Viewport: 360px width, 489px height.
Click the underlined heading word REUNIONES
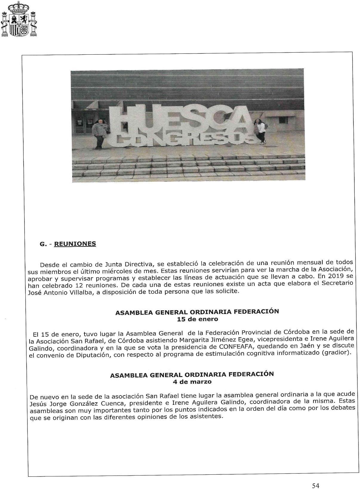[x=75, y=244]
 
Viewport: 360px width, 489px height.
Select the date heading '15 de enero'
[x=197, y=319]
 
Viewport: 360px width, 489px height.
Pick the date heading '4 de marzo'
[x=192, y=382]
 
